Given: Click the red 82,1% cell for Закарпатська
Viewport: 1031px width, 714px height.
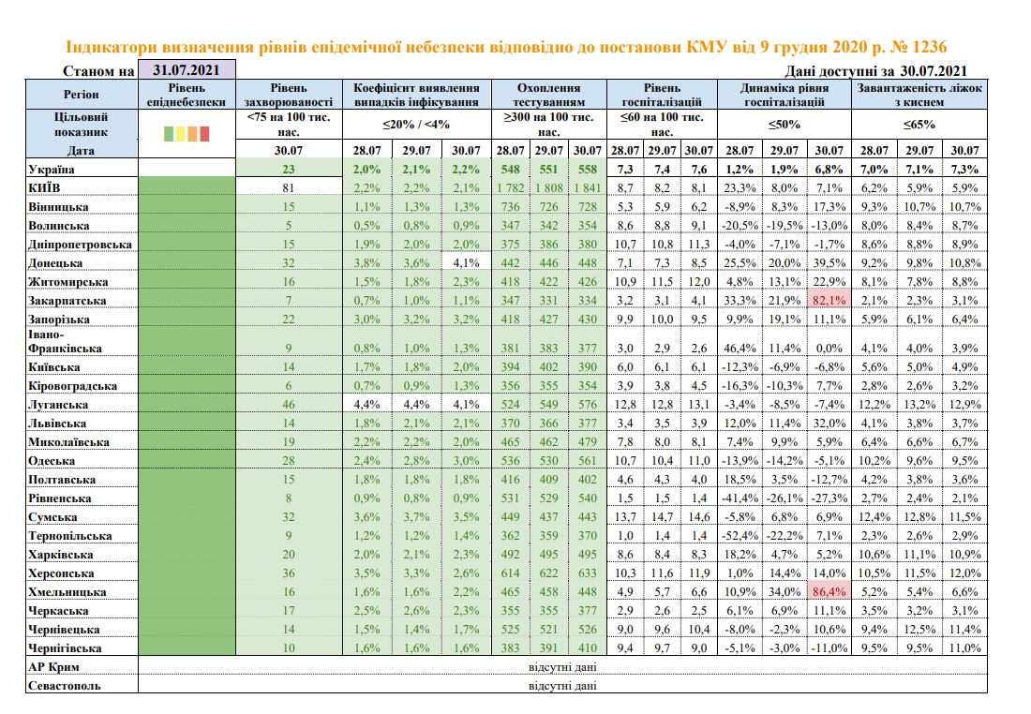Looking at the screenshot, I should tap(828, 301).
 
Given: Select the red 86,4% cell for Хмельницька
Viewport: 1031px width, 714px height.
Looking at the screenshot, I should tap(828, 592).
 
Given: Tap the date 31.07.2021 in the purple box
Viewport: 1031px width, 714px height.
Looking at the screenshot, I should tap(187, 70).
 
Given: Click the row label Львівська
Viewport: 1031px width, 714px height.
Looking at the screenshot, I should tap(58, 424).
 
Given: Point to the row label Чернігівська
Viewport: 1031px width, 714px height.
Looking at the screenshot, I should tap(65, 648).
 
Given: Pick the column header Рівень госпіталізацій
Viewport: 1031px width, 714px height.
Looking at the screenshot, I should tap(661, 94).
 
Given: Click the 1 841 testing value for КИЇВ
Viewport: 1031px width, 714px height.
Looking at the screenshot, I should tap(587, 188).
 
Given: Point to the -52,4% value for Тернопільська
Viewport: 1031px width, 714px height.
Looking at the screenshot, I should tap(738, 536).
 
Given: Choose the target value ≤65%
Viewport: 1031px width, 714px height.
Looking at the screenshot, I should tap(919, 124).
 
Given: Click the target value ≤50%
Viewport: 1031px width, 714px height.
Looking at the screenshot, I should tap(783, 124).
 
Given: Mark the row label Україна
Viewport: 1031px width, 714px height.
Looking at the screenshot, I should tap(51, 170).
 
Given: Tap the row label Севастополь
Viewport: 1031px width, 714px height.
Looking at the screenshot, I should tap(65, 686).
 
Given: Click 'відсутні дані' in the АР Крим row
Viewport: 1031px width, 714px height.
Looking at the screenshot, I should tap(562, 667).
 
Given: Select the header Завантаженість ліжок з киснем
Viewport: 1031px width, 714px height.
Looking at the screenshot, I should tap(919, 94).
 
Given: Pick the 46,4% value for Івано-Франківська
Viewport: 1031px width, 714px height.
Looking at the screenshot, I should tap(738, 349).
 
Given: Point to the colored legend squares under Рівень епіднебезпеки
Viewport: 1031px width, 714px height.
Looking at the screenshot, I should tap(187, 133).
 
